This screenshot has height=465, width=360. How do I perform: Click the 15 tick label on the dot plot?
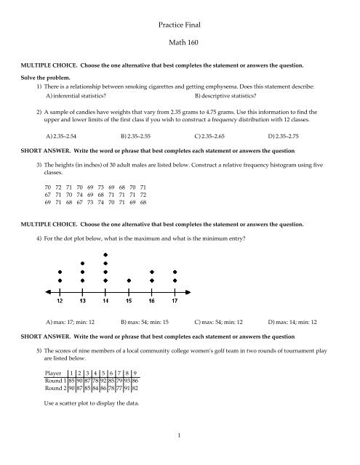[129, 299]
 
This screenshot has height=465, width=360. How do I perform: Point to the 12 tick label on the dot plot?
[60, 299]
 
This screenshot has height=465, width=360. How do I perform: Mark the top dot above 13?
[83, 264]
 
